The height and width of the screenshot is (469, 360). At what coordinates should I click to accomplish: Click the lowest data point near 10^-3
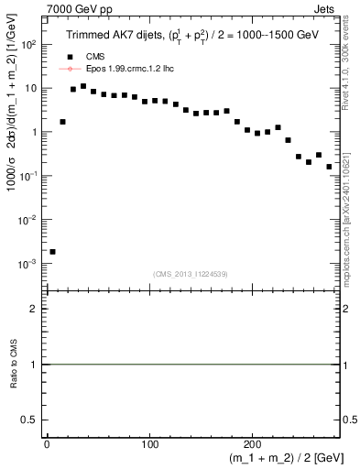coord(52,251)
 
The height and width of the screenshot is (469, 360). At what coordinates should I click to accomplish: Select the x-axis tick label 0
coord(47,442)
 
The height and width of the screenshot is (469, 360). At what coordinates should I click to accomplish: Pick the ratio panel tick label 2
coord(34,309)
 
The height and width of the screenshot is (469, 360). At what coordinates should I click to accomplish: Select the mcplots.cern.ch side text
coord(353,211)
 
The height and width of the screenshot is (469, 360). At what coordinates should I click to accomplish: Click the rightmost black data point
coord(329,167)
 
